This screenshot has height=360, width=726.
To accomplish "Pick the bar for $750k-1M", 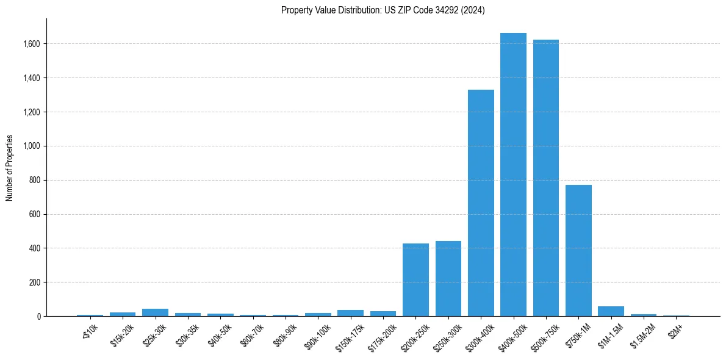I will tap(578, 251).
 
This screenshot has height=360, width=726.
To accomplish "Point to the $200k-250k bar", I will tap(415, 280).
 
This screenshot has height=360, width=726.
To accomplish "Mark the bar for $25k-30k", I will tap(155, 312).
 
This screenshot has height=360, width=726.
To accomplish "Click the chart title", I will tap(383, 10).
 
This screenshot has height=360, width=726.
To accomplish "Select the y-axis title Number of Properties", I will tap(10, 167).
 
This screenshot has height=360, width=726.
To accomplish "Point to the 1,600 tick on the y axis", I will tap(32, 44).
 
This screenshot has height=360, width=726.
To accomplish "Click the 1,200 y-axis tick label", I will tap(32, 112).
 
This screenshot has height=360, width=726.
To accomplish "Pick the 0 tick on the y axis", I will tap(39, 317).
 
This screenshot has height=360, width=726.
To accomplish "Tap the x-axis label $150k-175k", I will tap(350, 336).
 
